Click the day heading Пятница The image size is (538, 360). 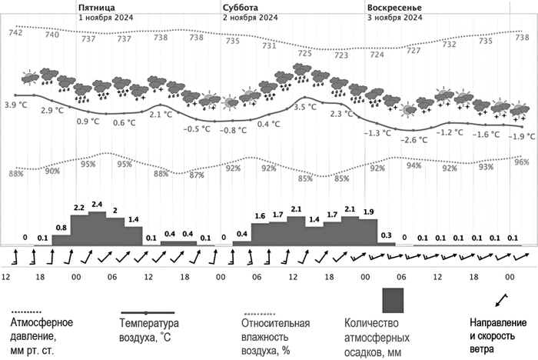[x=95, y=5]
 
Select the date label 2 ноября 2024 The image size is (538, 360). [x=251, y=16]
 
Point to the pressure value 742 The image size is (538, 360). [x=15, y=32]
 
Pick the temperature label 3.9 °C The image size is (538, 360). [x=15, y=105]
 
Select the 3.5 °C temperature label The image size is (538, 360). [x=305, y=108]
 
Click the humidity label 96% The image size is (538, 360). [x=522, y=162]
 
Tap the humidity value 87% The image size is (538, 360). [x=197, y=175]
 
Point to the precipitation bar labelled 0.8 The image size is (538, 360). [x=61, y=240]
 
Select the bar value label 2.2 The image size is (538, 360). [x=79, y=208]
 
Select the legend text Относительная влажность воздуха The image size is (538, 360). [x=276, y=336]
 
